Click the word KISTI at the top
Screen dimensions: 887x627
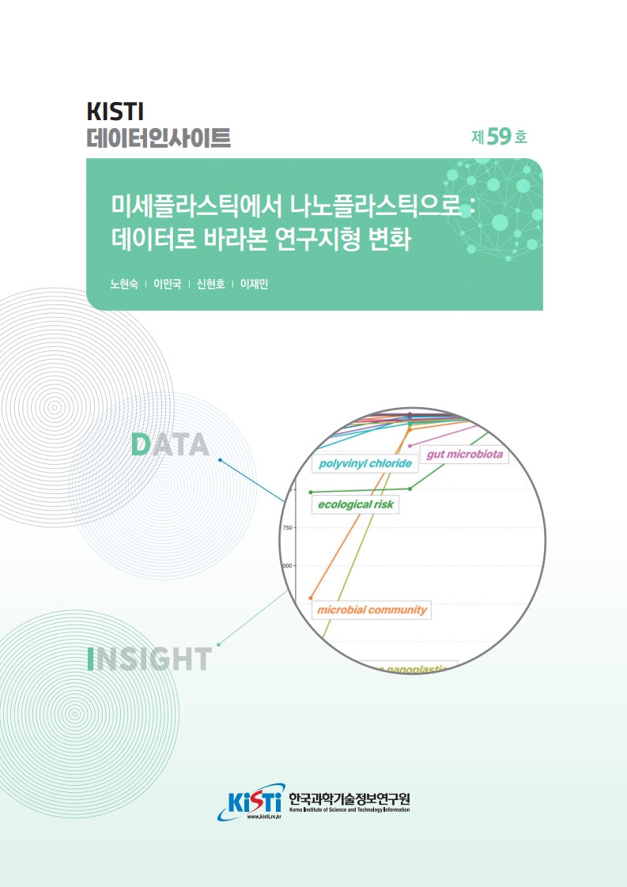pyautogui.click(x=115, y=112)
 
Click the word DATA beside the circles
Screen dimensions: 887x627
pyautogui.click(x=169, y=445)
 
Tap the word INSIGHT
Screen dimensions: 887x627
pyautogui.click(x=149, y=659)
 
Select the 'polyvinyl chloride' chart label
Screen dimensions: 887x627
pyautogui.click(x=364, y=463)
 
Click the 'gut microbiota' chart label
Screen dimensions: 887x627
pyautogui.click(x=464, y=455)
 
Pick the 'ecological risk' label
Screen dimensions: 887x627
pyautogui.click(x=355, y=503)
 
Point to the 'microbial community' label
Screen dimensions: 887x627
pyautogui.click(x=371, y=610)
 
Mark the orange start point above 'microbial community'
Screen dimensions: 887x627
pyautogui.click(x=311, y=597)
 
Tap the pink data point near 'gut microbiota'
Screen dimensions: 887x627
pyautogui.click(x=410, y=446)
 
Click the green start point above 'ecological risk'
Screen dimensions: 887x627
pyautogui.click(x=311, y=492)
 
